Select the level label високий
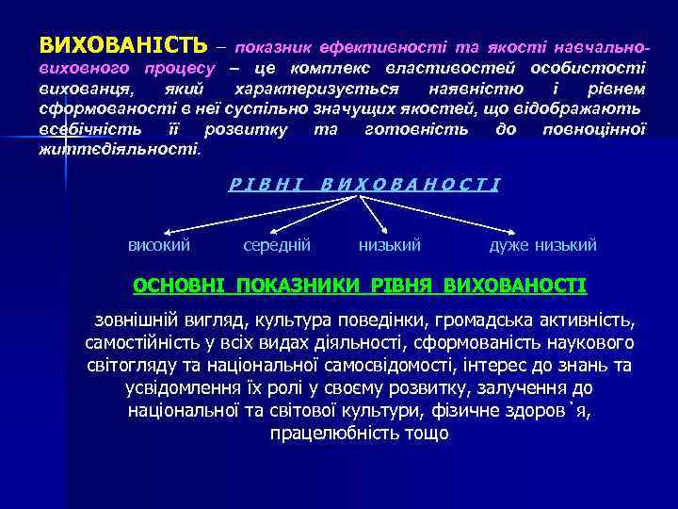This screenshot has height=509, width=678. tap(159, 245)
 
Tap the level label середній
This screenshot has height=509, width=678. tap(277, 245)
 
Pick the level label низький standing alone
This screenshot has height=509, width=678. tap(390, 245)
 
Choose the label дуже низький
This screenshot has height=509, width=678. tap(542, 245)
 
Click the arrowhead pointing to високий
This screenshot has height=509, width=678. tap(172, 230)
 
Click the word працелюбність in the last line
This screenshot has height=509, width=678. tap(321, 434)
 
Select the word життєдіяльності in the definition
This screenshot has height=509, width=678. tap(119, 148)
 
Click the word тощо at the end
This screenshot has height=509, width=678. tap(427, 434)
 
